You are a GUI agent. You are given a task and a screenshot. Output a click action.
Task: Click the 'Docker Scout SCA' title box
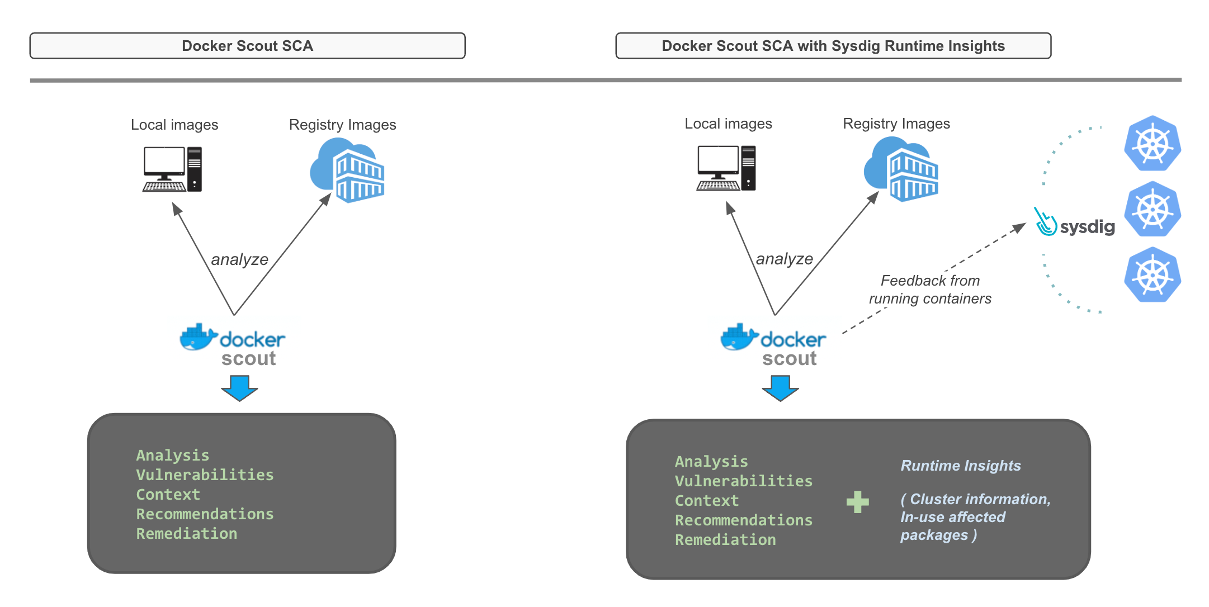click(x=247, y=46)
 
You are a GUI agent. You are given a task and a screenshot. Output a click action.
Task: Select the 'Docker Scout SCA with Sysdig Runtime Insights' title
click(x=833, y=46)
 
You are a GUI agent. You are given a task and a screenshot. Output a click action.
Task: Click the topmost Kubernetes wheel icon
click(x=1153, y=144)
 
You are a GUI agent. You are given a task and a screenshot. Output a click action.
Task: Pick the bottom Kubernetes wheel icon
click(x=1153, y=275)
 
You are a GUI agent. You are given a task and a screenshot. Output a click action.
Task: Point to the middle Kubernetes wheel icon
click(x=1153, y=209)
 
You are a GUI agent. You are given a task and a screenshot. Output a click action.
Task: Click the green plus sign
click(x=857, y=501)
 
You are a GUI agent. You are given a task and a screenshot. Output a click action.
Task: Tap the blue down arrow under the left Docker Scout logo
click(x=239, y=388)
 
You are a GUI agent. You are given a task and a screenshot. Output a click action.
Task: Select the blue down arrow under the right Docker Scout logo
click(x=780, y=388)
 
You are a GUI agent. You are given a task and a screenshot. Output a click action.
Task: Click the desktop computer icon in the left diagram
click(x=172, y=169)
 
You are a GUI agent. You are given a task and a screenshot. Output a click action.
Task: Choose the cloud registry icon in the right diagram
click(x=901, y=169)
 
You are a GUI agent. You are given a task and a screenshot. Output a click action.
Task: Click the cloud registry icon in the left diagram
click(x=347, y=170)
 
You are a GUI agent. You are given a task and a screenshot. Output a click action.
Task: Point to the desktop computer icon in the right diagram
click(x=726, y=168)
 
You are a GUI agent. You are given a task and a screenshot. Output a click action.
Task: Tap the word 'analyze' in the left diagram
click(x=239, y=259)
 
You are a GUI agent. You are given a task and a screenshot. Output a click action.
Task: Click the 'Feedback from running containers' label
click(x=930, y=290)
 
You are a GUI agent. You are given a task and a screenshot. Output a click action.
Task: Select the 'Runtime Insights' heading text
click(x=961, y=466)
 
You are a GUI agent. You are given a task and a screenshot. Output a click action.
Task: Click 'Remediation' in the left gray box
click(x=187, y=534)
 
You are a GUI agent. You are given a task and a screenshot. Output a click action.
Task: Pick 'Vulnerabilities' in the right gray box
click(x=744, y=481)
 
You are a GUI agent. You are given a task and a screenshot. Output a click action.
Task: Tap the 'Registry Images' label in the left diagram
click(x=342, y=125)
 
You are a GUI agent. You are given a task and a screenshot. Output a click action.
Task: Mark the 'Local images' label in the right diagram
click(x=728, y=124)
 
